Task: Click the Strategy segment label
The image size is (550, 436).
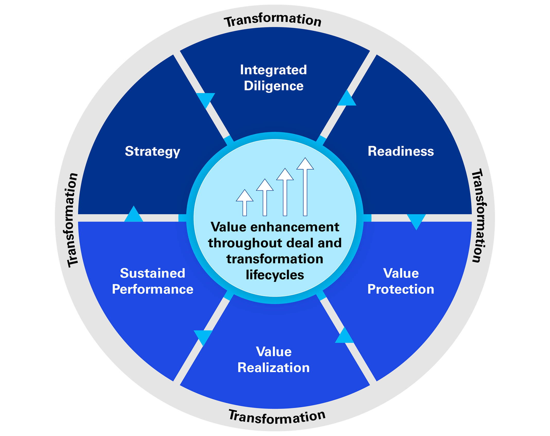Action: [153, 151]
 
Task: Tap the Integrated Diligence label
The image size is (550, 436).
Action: [273, 77]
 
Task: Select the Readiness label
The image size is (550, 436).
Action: [401, 151]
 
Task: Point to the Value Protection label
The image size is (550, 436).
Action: [401, 281]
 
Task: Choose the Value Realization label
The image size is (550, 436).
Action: [273, 359]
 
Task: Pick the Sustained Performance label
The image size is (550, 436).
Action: [153, 281]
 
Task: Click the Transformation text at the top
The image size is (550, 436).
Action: [273, 20]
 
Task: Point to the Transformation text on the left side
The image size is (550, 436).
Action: [70, 220]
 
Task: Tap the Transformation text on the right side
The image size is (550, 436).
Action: [479, 216]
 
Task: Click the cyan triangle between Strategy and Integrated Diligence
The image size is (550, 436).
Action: [206, 99]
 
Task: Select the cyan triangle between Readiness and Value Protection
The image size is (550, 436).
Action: [416, 220]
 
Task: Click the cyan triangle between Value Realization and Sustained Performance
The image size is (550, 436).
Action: [203, 336]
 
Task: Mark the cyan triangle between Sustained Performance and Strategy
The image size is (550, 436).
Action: [134, 215]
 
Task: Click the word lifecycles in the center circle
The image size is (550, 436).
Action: [275, 275]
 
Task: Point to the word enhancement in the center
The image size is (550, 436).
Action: [295, 227]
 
